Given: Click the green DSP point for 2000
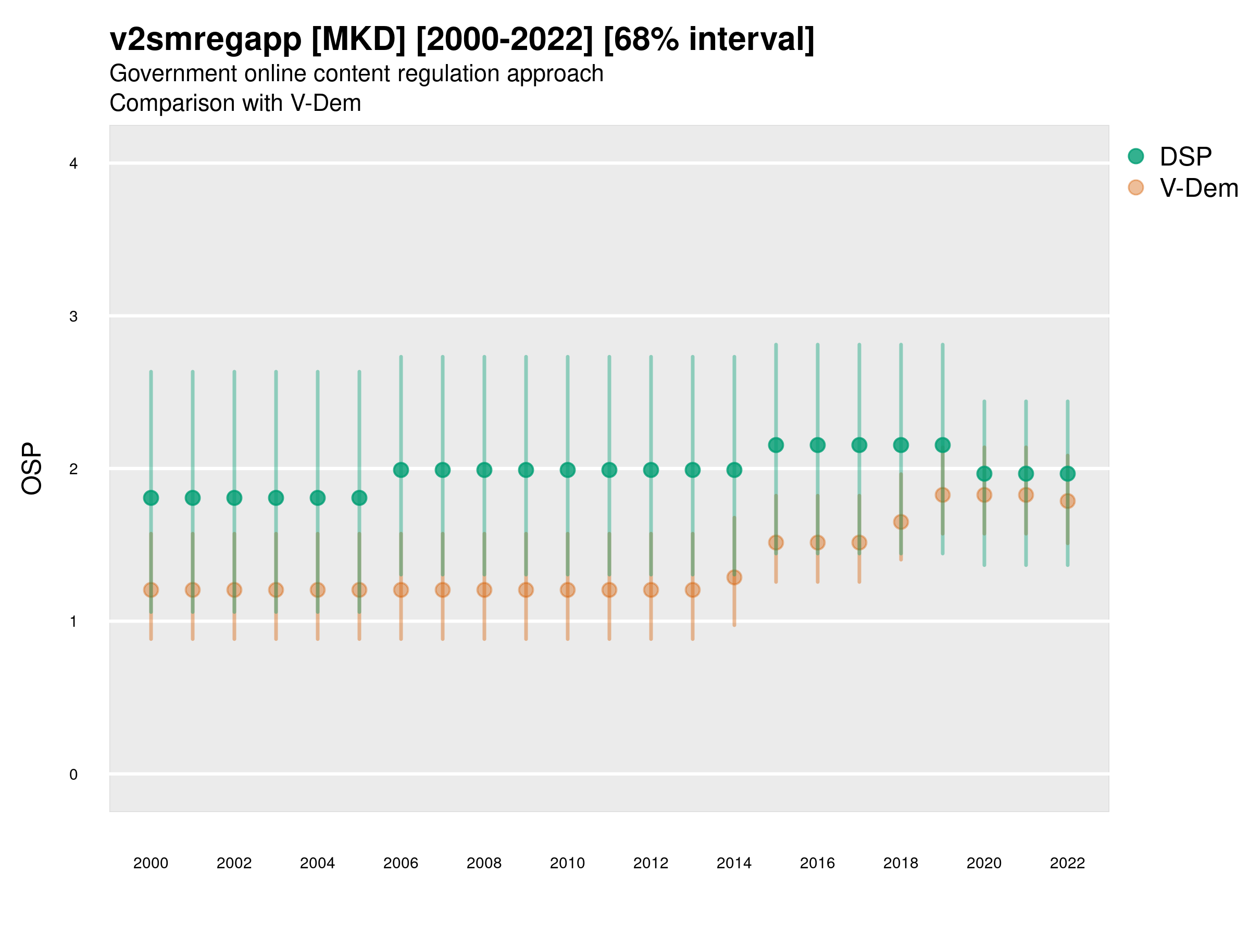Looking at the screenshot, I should point(151,498).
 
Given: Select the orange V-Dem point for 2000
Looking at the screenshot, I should point(151,590).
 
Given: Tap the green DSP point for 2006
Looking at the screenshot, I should point(401,470).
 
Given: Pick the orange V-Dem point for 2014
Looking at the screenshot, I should point(734,577).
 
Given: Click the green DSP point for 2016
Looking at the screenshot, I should point(817,445).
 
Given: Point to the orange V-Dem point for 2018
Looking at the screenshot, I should point(901,522).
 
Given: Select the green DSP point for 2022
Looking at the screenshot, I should point(1068,473).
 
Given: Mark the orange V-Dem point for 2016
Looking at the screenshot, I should point(817,542).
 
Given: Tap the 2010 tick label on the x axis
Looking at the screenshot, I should point(567,863).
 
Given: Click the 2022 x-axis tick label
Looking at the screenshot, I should point(1068,863).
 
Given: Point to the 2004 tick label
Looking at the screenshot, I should point(318,863).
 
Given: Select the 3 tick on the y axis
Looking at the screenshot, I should point(73,316).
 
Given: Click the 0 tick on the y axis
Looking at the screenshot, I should point(73,775).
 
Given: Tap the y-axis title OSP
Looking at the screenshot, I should point(32,469).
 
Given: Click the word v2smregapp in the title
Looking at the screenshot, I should point(206,40).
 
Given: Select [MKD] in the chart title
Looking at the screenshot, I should point(358,40).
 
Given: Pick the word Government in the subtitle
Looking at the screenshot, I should point(172,73).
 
